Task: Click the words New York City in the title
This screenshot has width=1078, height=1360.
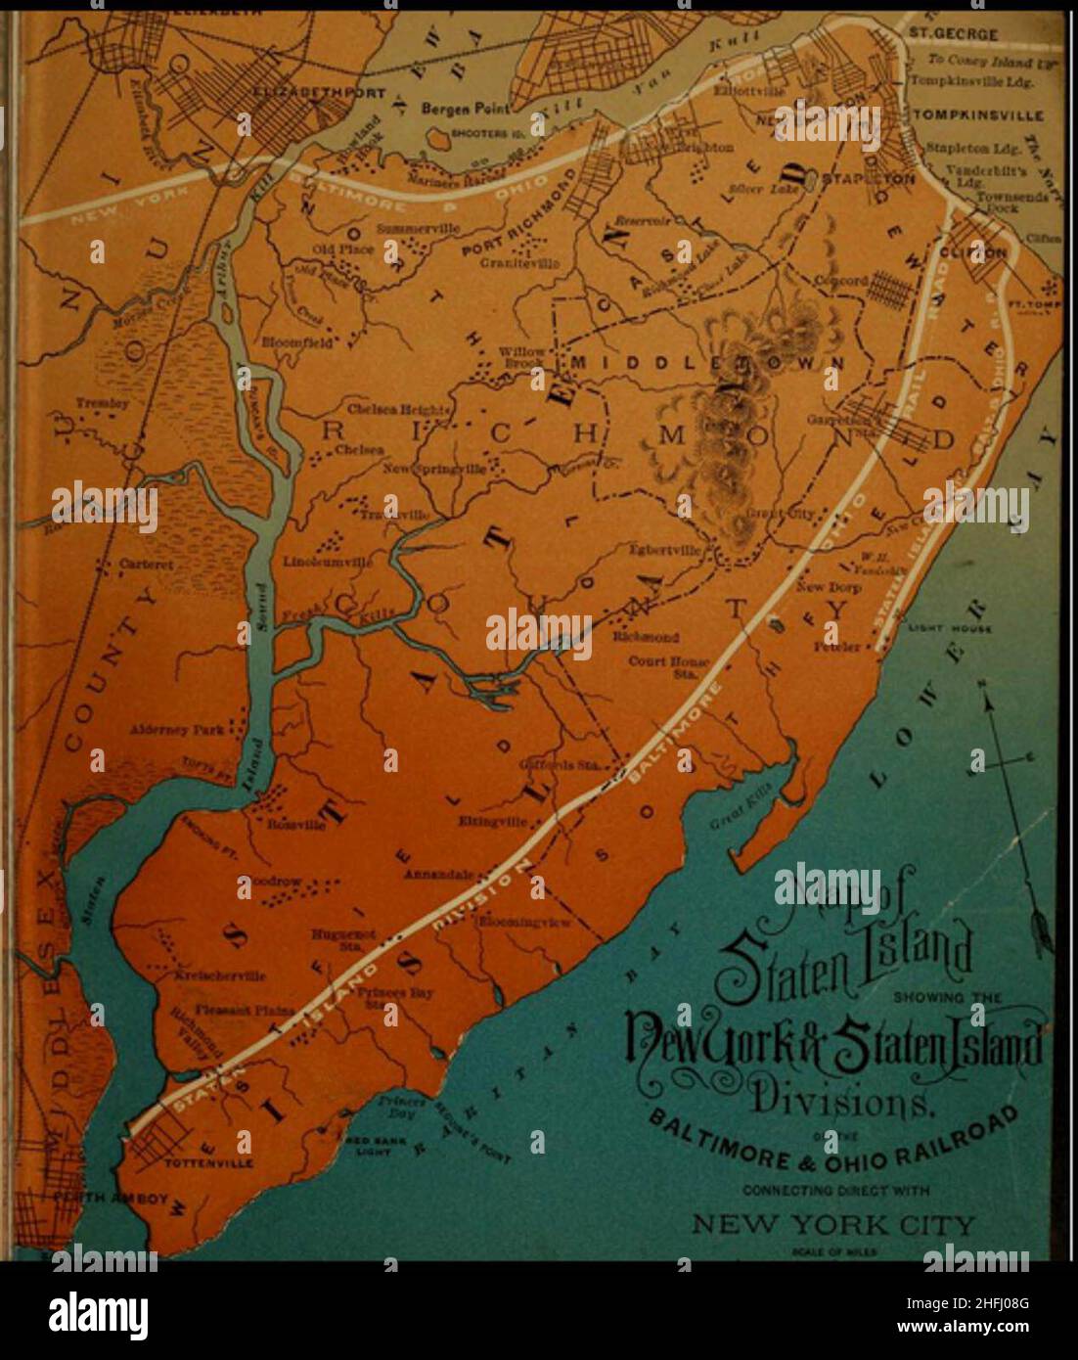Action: (x=833, y=1224)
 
